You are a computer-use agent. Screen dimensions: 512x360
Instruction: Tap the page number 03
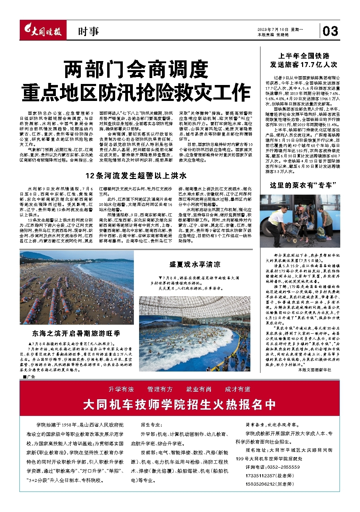click(x=330, y=32)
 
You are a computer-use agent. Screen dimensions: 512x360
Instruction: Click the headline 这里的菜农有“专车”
click(x=303, y=186)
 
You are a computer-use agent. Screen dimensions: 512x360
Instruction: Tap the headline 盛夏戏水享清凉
click(x=195, y=265)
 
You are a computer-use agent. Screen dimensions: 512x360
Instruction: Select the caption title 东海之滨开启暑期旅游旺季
click(x=76, y=334)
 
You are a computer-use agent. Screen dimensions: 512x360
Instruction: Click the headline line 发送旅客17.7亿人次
click(x=303, y=65)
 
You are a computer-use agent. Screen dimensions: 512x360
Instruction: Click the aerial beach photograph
click(x=77, y=288)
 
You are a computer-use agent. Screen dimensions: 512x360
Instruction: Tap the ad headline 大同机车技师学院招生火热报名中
click(x=180, y=405)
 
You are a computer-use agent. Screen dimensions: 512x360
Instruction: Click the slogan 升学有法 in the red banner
click(x=121, y=389)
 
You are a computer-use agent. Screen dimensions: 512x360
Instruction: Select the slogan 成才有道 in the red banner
click(x=238, y=389)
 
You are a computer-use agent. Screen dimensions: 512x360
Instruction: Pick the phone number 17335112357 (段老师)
click(x=269, y=476)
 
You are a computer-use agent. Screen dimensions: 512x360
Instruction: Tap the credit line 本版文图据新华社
click(x=314, y=370)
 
